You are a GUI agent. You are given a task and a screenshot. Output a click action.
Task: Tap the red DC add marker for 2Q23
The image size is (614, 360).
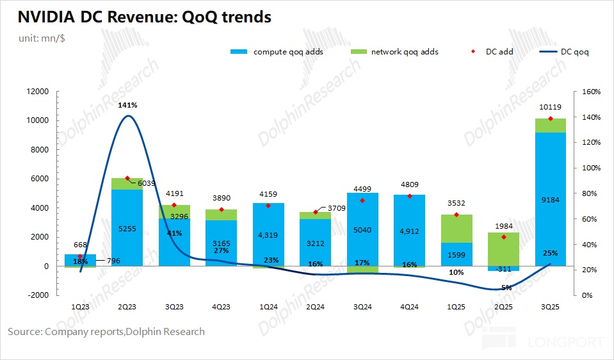point(127,178)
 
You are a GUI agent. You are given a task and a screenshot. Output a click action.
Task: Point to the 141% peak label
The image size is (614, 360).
point(127,105)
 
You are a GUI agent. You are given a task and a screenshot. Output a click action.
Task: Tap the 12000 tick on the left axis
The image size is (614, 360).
point(36,92)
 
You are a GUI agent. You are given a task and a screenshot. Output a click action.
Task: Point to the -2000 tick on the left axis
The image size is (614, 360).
point(36,295)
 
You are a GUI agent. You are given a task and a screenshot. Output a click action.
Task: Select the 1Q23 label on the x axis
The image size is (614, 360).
point(80,307)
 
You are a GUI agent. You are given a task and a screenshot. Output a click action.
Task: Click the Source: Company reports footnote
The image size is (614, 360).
point(106,332)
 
